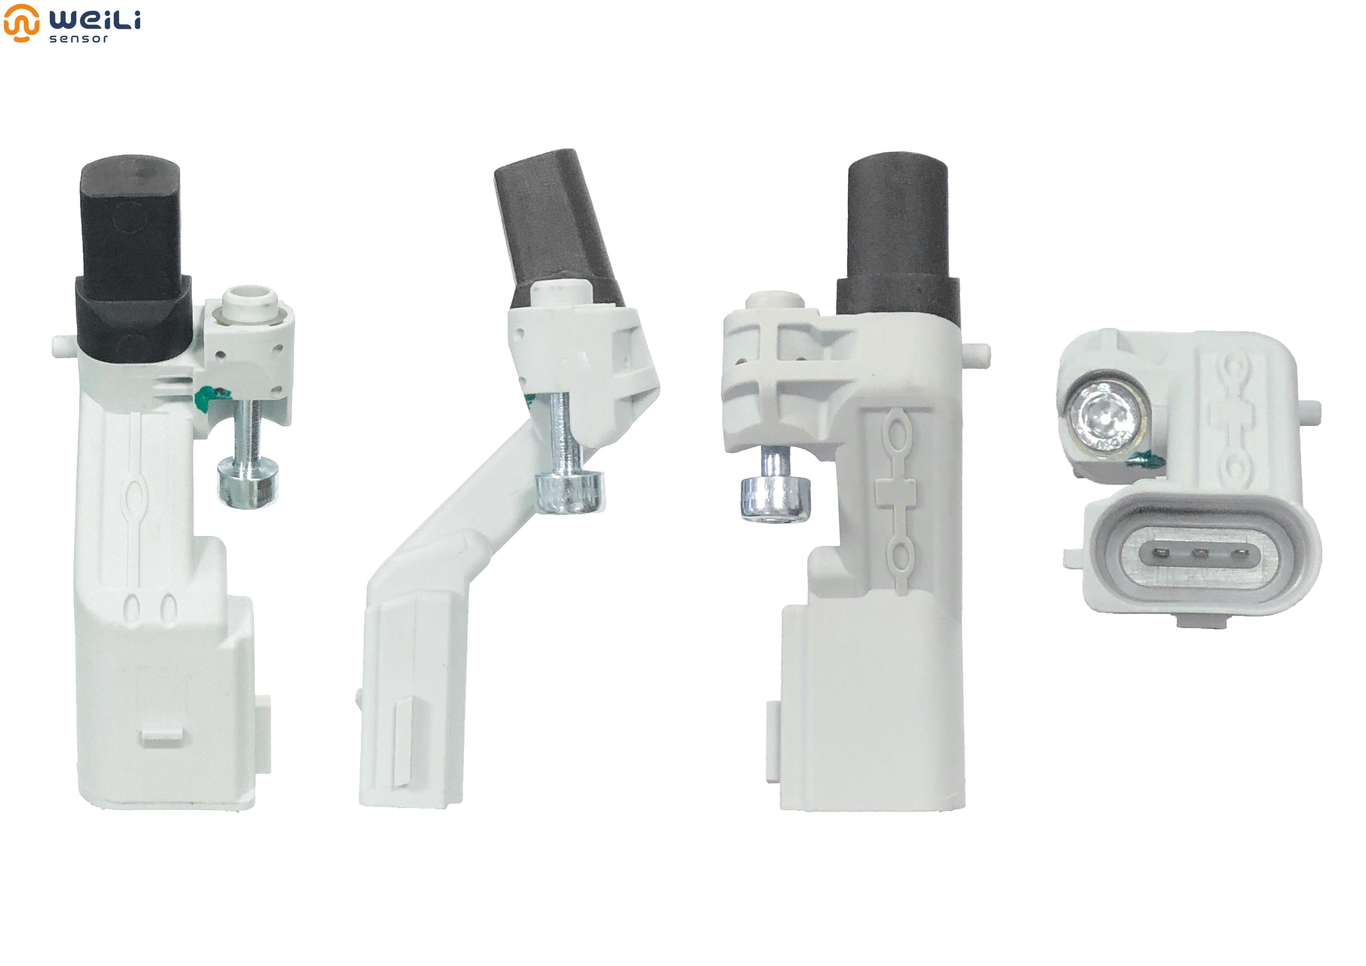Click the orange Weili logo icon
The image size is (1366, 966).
[21, 23]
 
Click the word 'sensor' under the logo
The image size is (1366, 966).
[79, 39]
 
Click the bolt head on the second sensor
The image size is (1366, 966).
[570, 491]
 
